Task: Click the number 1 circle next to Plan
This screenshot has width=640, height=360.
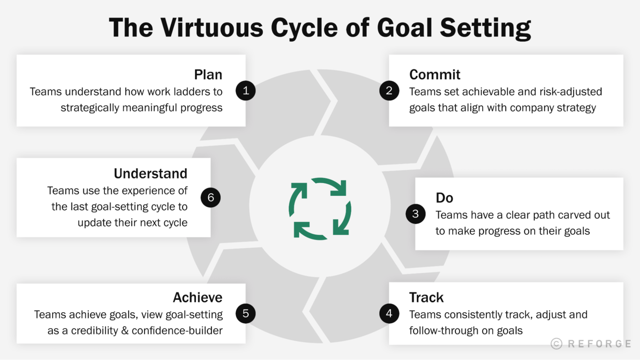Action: (x=246, y=90)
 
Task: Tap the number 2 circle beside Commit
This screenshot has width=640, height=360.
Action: (x=389, y=90)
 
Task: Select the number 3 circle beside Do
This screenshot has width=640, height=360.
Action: (x=416, y=214)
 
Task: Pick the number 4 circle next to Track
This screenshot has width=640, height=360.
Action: (x=389, y=314)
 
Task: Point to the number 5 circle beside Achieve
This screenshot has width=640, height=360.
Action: (x=246, y=314)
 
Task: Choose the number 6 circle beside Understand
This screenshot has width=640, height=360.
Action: (x=211, y=197)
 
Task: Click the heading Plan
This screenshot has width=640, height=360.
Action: (x=208, y=75)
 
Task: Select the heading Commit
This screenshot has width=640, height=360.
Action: (x=435, y=75)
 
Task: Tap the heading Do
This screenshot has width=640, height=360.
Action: (x=444, y=198)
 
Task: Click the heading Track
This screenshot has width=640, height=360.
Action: (x=426, y=297)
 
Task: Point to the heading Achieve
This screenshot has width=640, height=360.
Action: (x=198, y=297)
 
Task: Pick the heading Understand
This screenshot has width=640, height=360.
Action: (x=150, y=174)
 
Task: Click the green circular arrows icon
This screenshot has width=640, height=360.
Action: (x=320, y=209)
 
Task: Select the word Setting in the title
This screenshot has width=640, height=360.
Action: (x=485, y=29)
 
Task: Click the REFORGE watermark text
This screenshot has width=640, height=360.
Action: (x=599, y=344)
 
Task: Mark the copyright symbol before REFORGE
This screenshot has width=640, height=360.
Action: (x=556, y=344)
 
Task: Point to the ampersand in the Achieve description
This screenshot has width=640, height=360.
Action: (x=125, y=331)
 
